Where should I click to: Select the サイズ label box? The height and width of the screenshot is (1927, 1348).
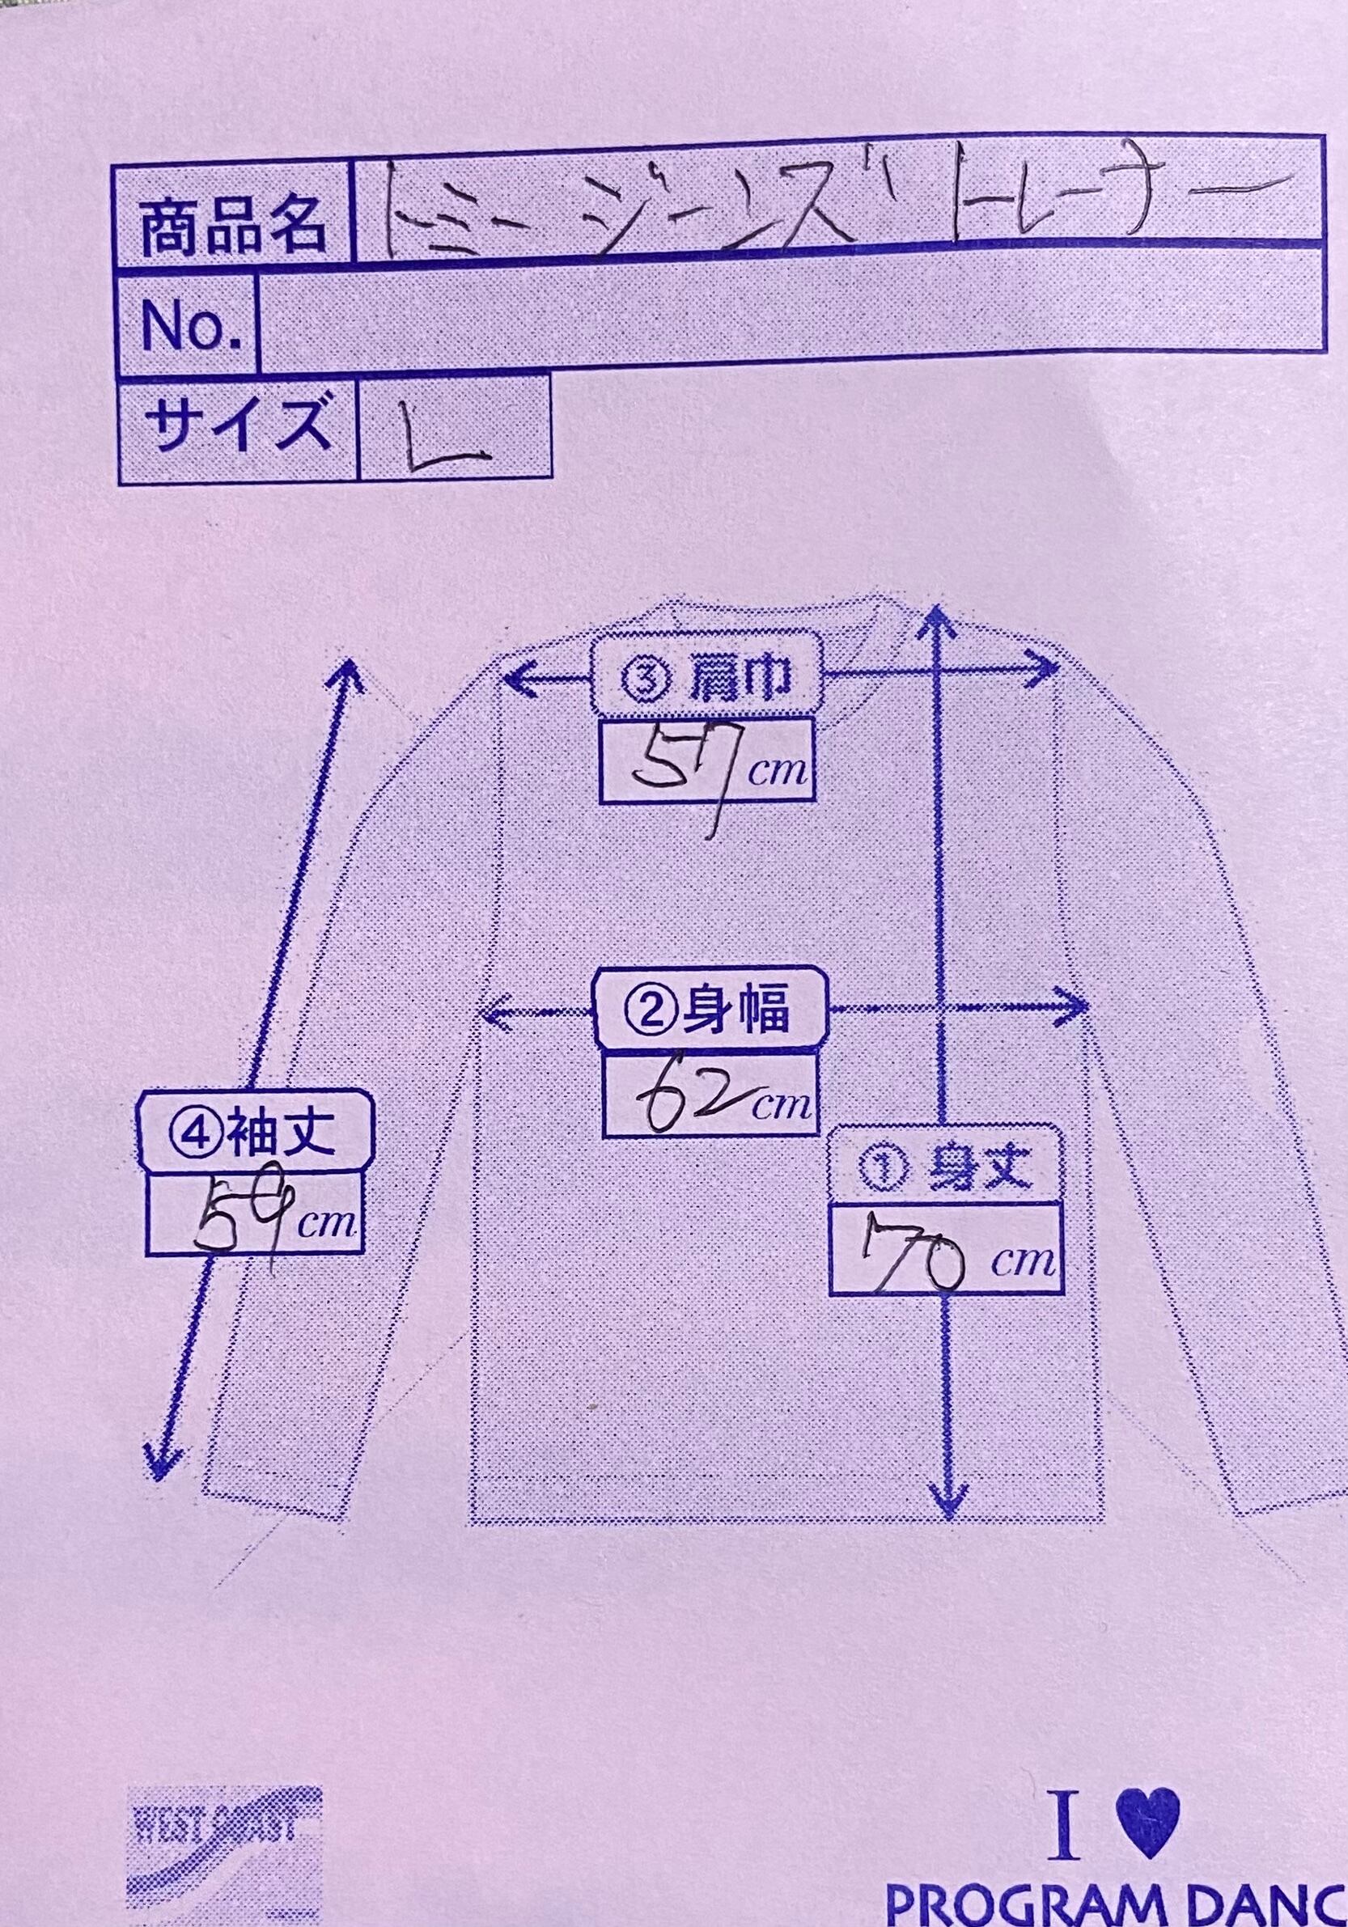point(235,426)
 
